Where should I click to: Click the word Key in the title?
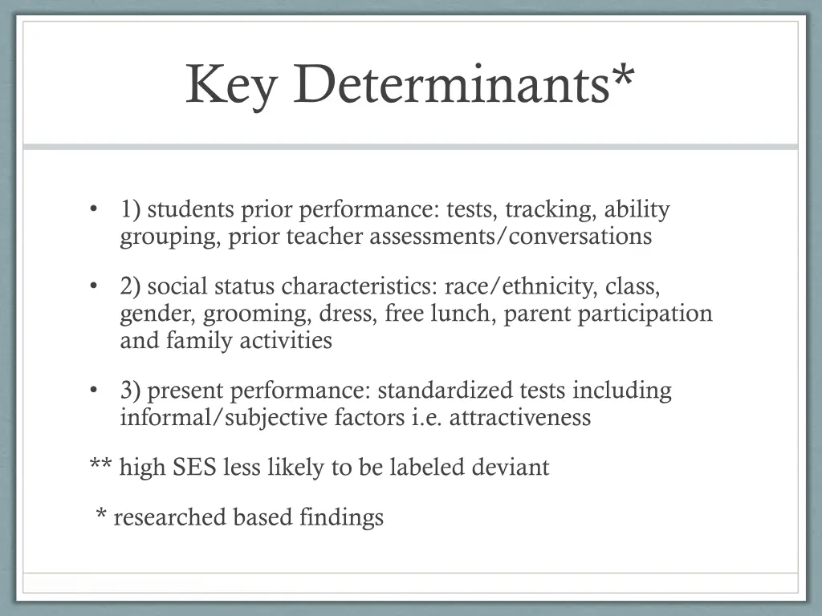230,83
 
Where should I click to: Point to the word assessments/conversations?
511,237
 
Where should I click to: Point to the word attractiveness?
520,418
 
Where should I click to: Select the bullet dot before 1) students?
94,210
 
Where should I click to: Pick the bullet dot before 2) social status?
94,286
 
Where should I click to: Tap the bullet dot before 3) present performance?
94,391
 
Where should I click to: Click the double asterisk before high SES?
101,464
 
